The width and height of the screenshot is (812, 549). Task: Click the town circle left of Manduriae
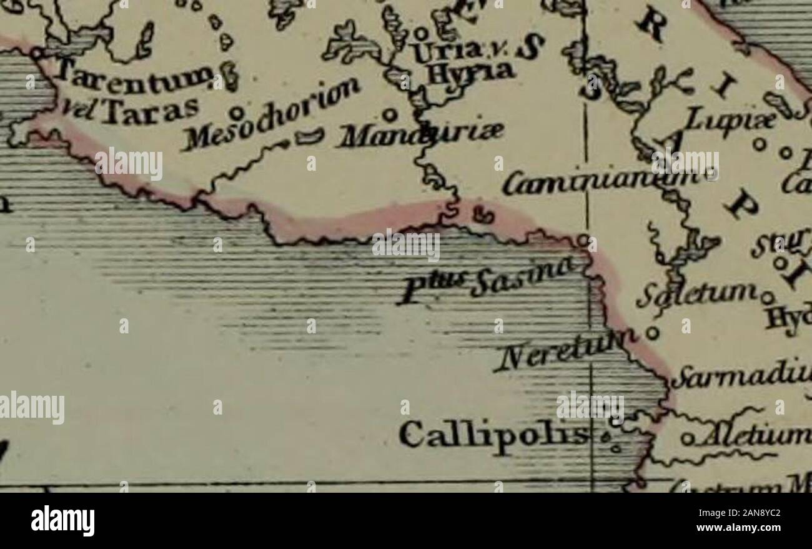coord(389,115)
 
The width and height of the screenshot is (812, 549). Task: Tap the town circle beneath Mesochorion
coord(236,113)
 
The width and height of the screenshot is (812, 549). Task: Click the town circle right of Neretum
coord(653,332)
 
